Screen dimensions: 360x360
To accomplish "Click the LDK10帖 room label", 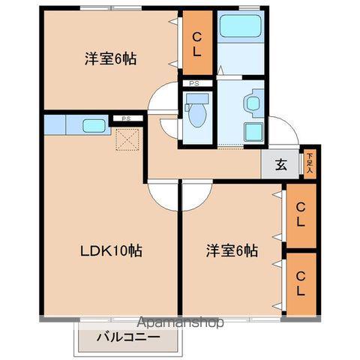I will pos(110,250).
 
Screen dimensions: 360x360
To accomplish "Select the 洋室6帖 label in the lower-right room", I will pos(232,250).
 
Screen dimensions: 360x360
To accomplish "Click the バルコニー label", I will pos(127,337).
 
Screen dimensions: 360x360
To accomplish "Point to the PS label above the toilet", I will pos(193,83).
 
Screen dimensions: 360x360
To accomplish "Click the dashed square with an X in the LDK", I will pos(127,139).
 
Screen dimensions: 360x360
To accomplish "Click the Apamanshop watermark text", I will pos(179,324).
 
